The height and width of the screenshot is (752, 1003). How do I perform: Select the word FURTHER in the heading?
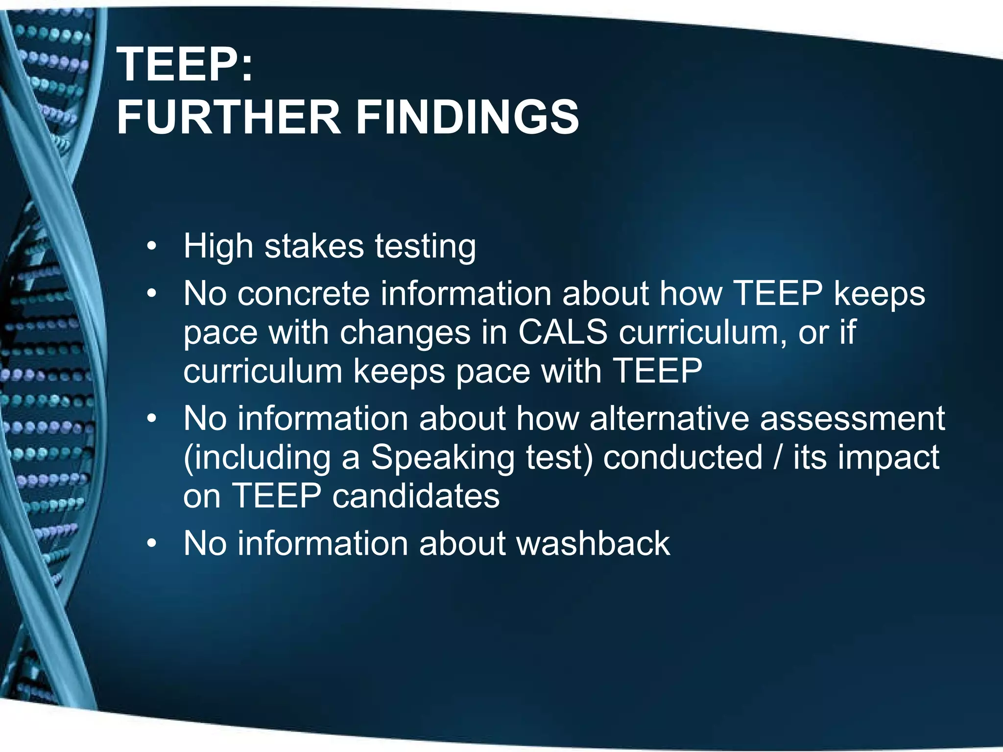228,117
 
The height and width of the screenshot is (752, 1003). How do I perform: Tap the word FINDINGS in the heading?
467,117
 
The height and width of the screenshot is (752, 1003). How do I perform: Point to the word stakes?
314,246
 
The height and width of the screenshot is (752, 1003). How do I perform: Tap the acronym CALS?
562,332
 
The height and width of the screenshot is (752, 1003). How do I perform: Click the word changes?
405,333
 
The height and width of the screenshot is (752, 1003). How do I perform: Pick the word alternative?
669,419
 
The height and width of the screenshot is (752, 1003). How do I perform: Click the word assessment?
852,419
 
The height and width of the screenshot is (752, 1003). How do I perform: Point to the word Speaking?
442,458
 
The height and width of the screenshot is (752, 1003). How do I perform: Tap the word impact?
888,458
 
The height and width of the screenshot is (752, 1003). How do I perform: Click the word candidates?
416,496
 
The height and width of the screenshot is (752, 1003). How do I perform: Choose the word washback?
593,543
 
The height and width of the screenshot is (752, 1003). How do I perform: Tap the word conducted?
683,457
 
